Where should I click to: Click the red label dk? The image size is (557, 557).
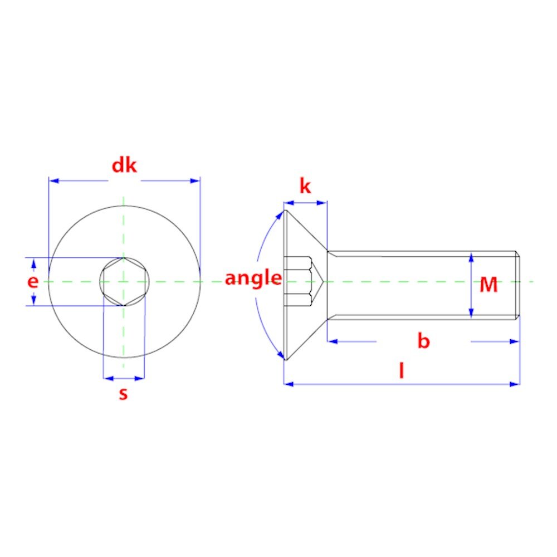point(124,165)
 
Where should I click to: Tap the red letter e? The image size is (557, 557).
point(33,282)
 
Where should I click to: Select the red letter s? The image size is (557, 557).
point(123,394)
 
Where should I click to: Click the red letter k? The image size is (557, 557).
point(305,186)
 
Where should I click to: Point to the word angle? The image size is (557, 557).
point(253,278)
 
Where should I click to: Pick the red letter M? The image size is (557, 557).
point(488,285)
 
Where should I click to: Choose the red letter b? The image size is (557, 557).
point(423,341)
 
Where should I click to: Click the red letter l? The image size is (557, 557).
point(402,370)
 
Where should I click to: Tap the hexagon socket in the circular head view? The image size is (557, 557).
point(124,281)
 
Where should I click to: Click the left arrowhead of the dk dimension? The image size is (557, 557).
point(53,181)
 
